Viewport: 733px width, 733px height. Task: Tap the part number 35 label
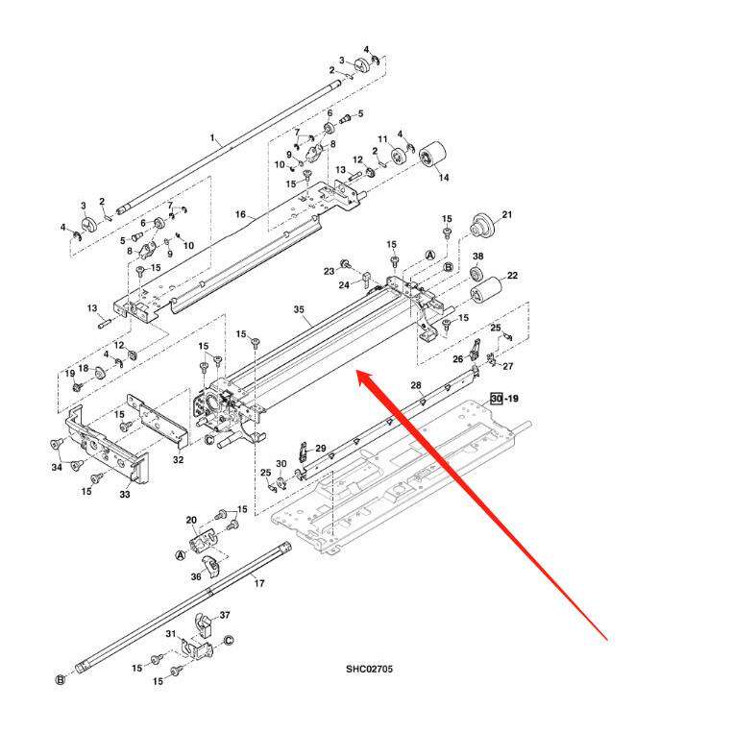[299, 310]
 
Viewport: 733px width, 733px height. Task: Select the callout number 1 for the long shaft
[212, 138]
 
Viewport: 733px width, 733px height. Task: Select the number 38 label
[477, 256]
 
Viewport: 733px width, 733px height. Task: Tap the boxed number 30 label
[496, 398]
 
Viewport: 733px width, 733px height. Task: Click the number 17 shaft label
[258, 583]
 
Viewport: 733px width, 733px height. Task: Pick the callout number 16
[240, 214]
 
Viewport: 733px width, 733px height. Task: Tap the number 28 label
[416, 385]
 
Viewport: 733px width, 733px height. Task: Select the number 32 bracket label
[179, 460]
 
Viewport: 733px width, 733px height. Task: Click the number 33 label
[125, 495]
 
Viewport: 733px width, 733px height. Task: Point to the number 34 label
[57, 467]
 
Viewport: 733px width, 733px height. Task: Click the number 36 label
[196, 577]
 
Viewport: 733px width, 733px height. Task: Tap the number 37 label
[225, 615]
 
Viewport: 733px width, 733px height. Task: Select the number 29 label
[321, 449]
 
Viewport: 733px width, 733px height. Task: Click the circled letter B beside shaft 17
[60, 680]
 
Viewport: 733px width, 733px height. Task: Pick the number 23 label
[329, 270]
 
